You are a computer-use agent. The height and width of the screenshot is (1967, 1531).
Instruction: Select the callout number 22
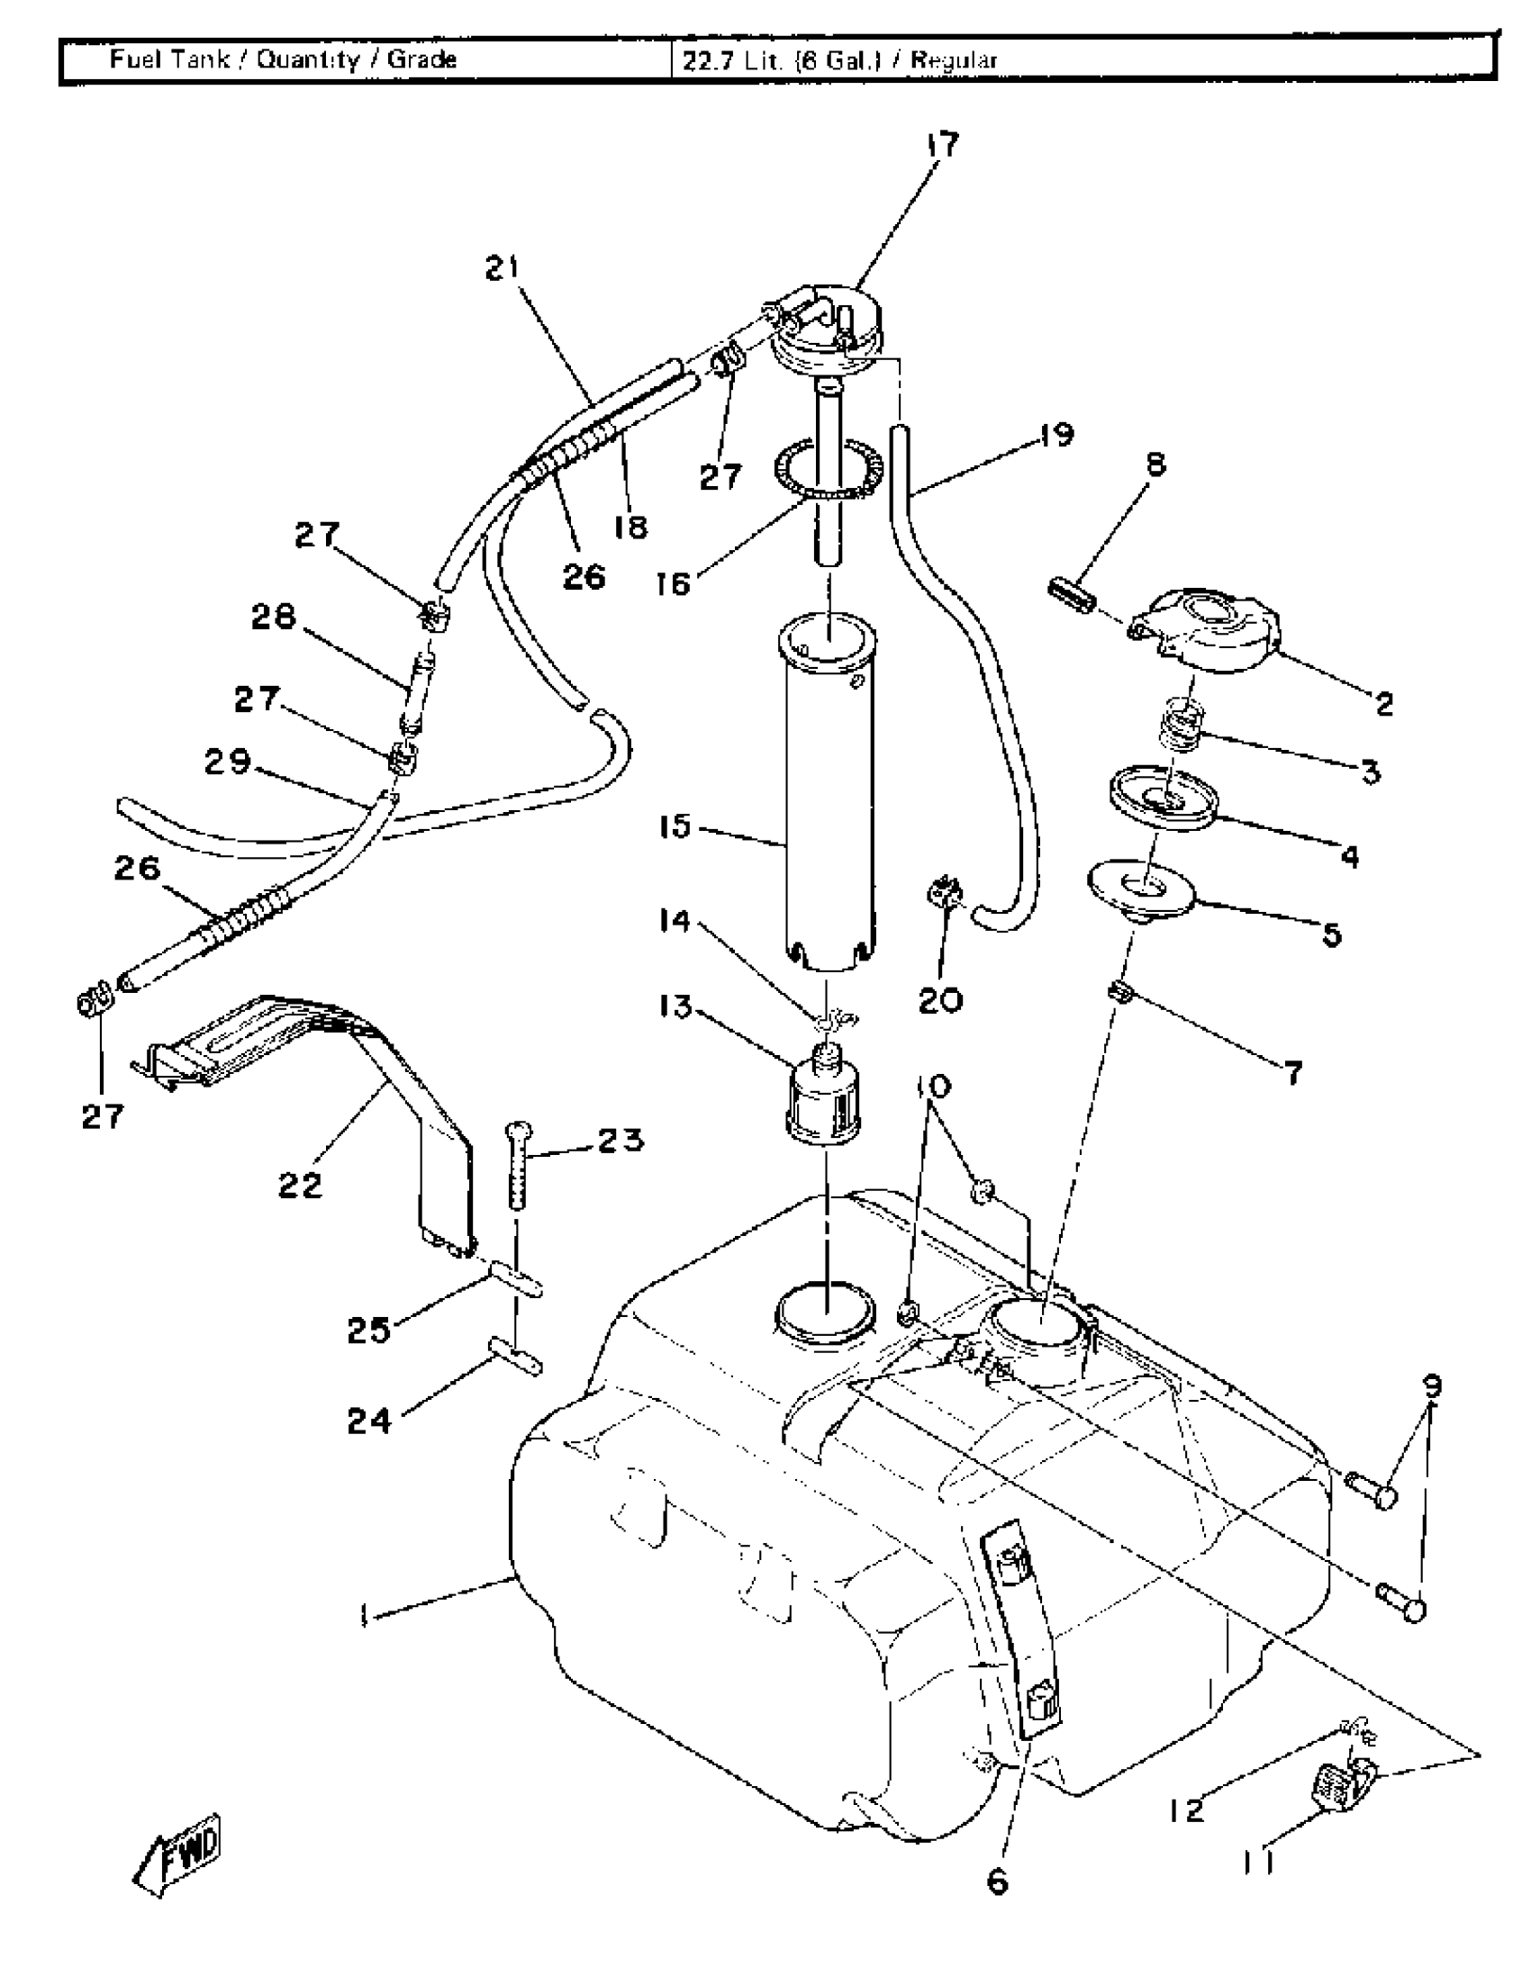300,1186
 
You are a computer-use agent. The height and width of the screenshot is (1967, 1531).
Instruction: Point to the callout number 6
998,1881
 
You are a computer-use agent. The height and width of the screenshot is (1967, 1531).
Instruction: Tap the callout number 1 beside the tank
364,1617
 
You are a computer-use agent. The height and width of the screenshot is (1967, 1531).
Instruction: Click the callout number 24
369,1421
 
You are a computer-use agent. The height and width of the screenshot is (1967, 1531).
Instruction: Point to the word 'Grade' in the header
421,59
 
